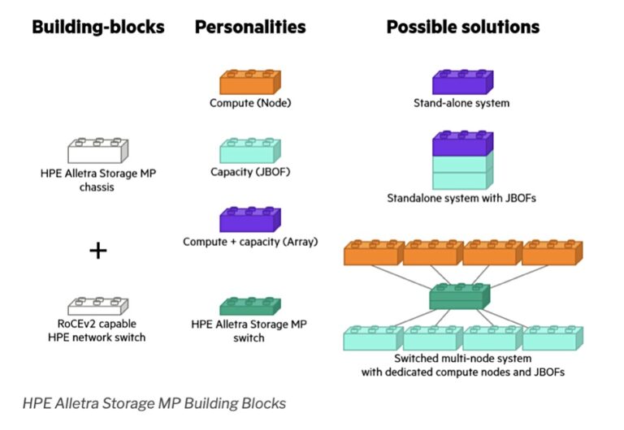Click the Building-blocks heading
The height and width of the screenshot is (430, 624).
tap(97, 27)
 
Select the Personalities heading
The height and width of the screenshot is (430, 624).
tap(250, 27)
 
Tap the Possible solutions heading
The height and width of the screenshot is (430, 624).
tap(462, 27)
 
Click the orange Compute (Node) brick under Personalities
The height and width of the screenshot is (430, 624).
tap(250, 82)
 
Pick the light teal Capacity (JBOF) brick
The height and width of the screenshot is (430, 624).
tap(250, 151)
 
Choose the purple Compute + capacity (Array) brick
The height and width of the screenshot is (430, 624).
tap(250, 220)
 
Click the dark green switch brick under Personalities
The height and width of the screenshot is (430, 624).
tap(250, 307)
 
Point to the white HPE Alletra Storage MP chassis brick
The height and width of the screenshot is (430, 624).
tap(97, 151)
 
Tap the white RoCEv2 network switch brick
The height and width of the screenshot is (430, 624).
tap(97, 307)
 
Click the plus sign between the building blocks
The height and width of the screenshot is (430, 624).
tap(97, 251)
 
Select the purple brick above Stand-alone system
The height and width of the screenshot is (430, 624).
tap(461, 82)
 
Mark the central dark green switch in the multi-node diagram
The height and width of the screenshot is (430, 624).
tap(460, 298)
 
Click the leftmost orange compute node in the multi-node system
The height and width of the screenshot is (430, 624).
tap(374, 253)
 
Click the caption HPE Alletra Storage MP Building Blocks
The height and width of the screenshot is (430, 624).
tap(154, 402)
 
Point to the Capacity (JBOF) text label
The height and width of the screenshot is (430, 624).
tap(250, 172)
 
